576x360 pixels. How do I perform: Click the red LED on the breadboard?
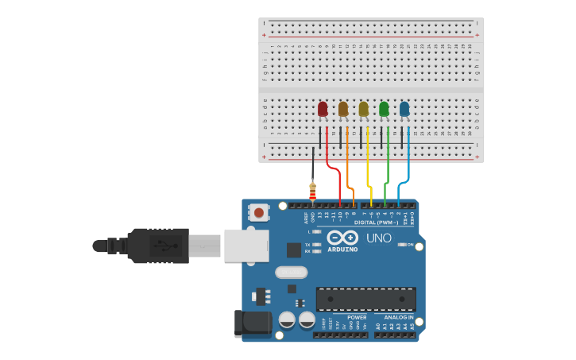coord(323,110)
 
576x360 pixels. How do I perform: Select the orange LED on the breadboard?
coord(343,110)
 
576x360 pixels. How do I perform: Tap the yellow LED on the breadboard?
coord(364,110)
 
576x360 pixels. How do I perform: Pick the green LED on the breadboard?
coord(385,110)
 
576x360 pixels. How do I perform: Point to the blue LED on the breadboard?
coord(404,110)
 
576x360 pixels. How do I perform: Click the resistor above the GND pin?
coord(312,192)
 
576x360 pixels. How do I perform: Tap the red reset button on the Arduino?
coord(258,212)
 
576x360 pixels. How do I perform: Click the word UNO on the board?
coord(378,238)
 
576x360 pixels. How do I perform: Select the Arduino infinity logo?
coord(342,238)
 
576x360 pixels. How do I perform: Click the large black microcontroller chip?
coord(365,299)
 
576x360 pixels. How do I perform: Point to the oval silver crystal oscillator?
coord(292,273)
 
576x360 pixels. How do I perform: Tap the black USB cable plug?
coord(158,246)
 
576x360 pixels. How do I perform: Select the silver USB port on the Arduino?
coord(246,246)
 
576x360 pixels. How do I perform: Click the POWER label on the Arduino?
coord(357,317)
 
